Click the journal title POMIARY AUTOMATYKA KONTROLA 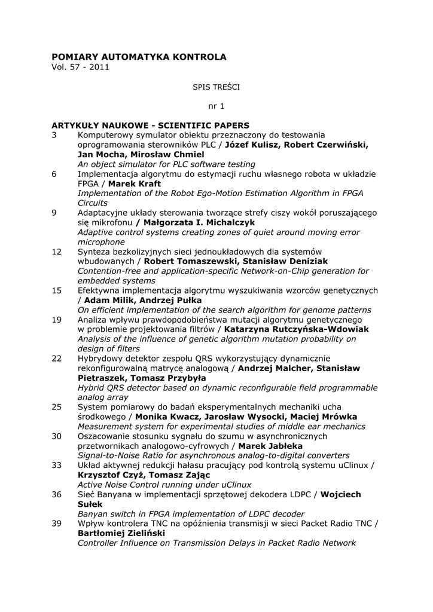coord(139,57)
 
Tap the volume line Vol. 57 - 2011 coord(81,67)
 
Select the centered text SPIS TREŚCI coord(216,87)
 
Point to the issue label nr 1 coord(216,106)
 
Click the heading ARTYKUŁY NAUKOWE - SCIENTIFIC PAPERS coord(150,126)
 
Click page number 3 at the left coord(54,135)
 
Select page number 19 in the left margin coord(57,320)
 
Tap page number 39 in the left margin coord(57,524)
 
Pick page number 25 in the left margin coord(57,406)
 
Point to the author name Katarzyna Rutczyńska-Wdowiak coord(297,329)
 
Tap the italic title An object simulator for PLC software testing coord(166,164)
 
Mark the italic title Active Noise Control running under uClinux coord(164,485)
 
